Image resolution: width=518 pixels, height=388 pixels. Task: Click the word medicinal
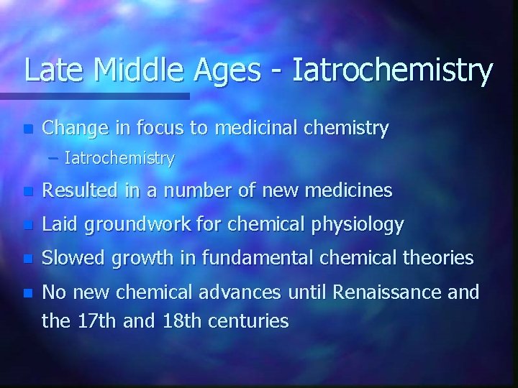269,129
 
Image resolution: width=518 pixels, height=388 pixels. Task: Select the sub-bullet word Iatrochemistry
119,159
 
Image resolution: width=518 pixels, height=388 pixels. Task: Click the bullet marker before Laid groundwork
27,226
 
